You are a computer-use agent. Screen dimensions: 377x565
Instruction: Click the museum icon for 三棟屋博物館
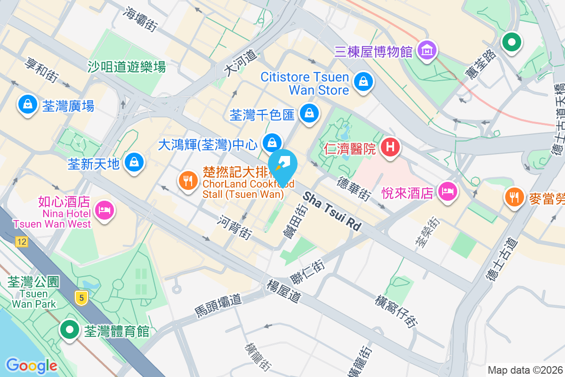[427, 50]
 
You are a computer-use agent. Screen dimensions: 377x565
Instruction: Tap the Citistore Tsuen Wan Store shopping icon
[363, 82]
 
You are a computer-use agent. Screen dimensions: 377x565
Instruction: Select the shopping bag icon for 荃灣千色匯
[309, 113]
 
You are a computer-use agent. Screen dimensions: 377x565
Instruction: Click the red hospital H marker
[390, 147]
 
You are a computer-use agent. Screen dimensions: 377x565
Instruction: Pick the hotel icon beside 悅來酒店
[447, 191]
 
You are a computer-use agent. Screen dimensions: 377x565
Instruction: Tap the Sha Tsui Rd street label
[332, 211]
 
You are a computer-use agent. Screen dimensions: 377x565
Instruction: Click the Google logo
[32, 366]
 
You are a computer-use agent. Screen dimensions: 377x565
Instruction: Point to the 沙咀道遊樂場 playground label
[127, 67]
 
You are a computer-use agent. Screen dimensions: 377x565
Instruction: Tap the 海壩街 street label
[140, 19]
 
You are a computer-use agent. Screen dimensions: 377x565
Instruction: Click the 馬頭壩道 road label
[218, 305]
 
